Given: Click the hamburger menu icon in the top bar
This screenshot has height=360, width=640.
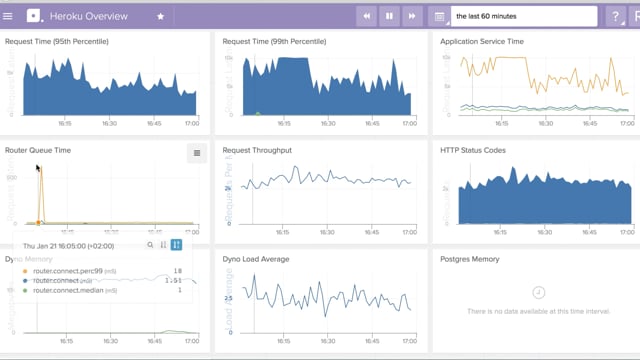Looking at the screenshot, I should pyautogui.click(x=9, y=16).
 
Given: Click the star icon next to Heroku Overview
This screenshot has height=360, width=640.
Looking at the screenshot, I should pyautogui.click(x=161, y=17).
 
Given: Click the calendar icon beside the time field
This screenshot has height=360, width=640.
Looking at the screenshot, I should pyautogui.click(x=439, y=17).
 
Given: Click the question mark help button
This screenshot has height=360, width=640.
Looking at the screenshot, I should pyautogui.click(x=617, y=17).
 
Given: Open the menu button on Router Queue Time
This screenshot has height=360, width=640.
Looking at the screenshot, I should pyautogui.click(x=197, y=153).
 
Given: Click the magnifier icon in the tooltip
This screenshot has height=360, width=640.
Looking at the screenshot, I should pyautogui.click(x=150, y=244).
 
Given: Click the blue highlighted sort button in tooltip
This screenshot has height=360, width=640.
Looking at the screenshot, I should pyautogui.click(x=176, y=244).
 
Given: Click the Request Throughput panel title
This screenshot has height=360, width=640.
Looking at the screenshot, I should pyautogui.click(x=257, y=150).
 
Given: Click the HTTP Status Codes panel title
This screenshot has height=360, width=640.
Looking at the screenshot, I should pyautogui.click(x=473, y=150).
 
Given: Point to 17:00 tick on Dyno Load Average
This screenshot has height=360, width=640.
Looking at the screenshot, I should pyautogui.click(x=409, y=340).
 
